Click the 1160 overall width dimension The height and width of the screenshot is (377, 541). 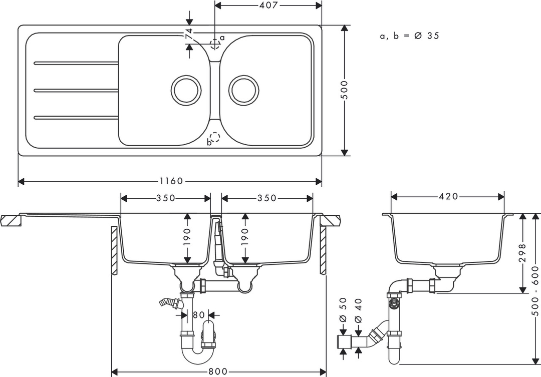[x=171, y=181]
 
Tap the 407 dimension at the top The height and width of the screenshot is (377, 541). [x=268, y=5]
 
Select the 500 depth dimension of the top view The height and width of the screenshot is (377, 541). [x=344, y=90]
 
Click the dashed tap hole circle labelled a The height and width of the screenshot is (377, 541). [x=214, y=44]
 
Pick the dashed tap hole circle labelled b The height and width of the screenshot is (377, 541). [x=214, y=137]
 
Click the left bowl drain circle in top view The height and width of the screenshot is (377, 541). [x=186, y=90]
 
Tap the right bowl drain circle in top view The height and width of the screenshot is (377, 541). [x=244, y=90]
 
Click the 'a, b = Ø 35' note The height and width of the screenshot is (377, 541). [x=410, y=36]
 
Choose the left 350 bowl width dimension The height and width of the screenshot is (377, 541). [x=166, y=198]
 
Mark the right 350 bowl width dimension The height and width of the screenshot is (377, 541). [x=267, y=198]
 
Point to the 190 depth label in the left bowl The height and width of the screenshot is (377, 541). [x=187, y=237]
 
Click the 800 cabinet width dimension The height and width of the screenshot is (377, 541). [x=218, y=371]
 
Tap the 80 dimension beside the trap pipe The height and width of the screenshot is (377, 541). [x=199, y=315]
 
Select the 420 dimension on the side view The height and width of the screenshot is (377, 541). [x=448, y=196]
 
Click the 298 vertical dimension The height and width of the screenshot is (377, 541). [x=522, y=253]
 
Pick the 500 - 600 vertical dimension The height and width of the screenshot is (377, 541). [x=535, y=290]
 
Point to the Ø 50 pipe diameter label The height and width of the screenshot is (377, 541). [x=343, y=310]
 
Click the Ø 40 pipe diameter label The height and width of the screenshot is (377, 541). [x=358, y=310]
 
